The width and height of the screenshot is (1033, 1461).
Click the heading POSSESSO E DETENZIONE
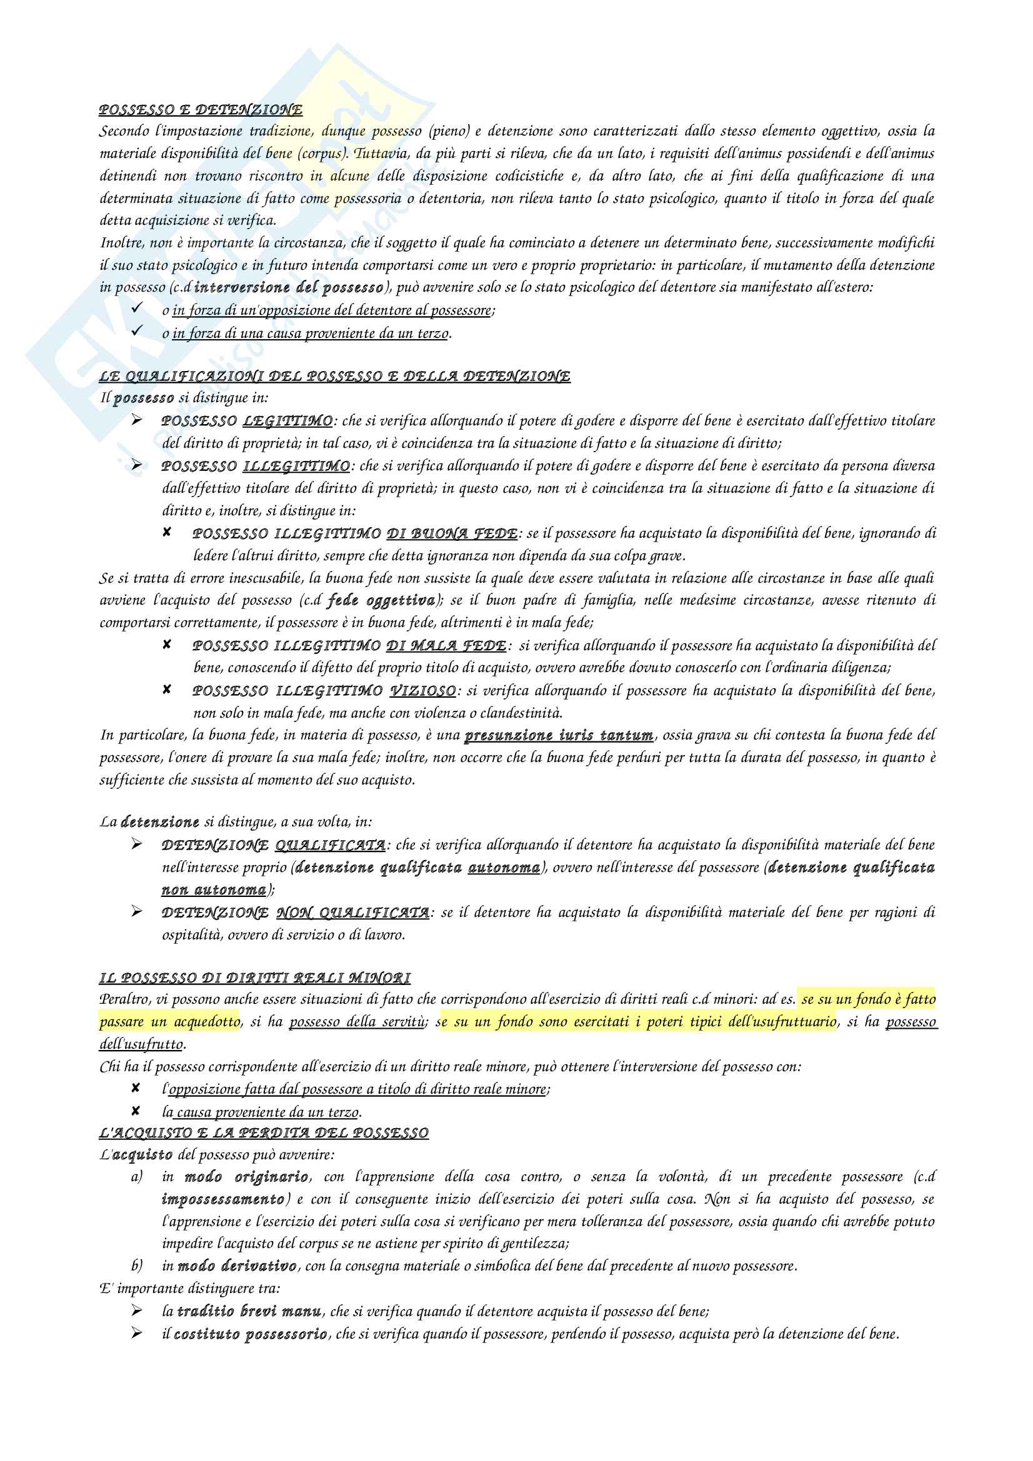pyautogui.click(x=201, y=110)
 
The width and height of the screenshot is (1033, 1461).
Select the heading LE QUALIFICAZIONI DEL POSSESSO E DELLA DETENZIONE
pyautogui.click(x=334, y=376)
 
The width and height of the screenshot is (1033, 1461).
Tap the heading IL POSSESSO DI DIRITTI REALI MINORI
pyautogui.click(x=254, y=978)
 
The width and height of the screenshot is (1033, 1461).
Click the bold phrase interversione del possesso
pyautogui.click(x=288, y=287)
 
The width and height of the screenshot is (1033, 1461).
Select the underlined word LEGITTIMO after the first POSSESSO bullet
pyautogui.click(x=287, y=421)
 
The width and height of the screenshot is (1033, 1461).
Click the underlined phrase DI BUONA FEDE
pyautogui.click(x=452, y=533)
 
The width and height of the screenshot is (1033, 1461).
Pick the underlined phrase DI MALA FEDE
pyautogui.click(x=446, y=646)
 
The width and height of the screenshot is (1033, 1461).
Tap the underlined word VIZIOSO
pyautogui.click(x=422, y=691)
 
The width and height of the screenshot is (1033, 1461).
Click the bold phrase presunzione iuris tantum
pyautogui.click(x=559, y=736)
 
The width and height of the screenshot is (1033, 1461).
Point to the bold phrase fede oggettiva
pyautogui.click(x=381, y=601)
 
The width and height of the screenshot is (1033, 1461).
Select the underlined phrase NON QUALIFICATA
pyautogui.click(x=352, y=913)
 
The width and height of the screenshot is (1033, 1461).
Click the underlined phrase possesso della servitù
pyautogui.click(x=357, y=1022)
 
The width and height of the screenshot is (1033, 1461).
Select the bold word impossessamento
pyautogui.click(x=222, y=1199)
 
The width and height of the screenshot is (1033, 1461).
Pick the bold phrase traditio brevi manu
pyautogui.click(x=249, y=1311)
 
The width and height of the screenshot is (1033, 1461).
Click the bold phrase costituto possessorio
pyautogui.click(x=251, y=1334)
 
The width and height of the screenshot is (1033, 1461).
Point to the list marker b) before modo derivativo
pyautogui.click(x=137, y=1265)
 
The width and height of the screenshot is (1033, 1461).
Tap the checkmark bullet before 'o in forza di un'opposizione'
pyautogui.click(x=136, y=309)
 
